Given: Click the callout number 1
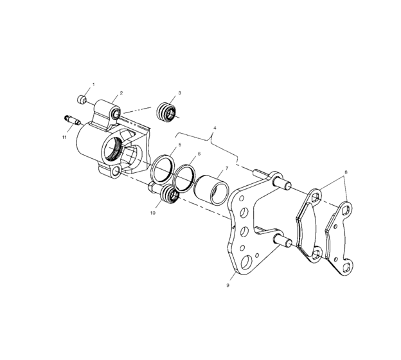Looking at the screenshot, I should (93, 84).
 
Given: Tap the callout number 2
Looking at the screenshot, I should (121, 93).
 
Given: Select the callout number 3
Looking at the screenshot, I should (179, 93).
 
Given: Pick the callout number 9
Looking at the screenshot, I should (227, 283).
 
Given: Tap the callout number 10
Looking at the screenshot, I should (153, 211).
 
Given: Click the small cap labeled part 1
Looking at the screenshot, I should (82, 99).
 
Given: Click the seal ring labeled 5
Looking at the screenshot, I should (162, 169).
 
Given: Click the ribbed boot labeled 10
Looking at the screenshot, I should (171, 194).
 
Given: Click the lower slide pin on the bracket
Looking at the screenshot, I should (283, 242).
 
